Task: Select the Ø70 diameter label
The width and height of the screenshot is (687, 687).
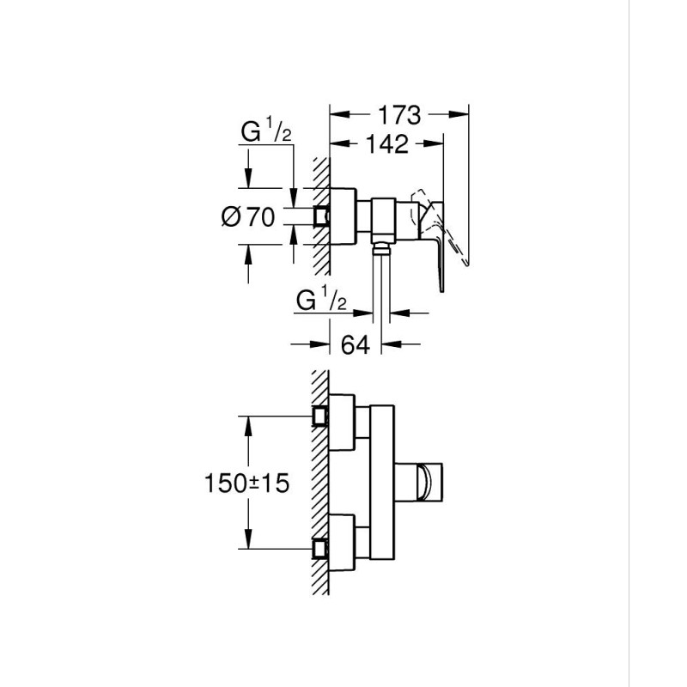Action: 248,217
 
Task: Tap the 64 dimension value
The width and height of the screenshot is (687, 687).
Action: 355,344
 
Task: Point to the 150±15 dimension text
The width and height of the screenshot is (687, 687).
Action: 246,483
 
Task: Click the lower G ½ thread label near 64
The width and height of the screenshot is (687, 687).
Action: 320,301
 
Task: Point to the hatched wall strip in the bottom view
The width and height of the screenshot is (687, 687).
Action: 320,481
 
